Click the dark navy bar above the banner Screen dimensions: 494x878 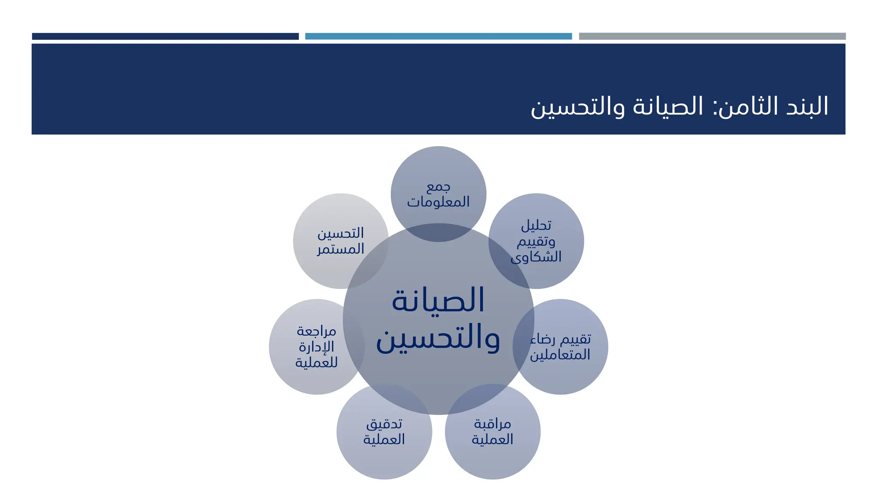click(165, 36)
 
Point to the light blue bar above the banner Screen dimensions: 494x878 click(438, 36)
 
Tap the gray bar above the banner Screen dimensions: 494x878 click(712, 36)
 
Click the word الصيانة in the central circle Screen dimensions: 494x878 click(438, 300)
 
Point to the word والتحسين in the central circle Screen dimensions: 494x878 click(438, 339)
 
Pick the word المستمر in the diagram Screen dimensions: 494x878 click(340, 249)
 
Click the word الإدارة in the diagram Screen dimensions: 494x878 click(316, 346)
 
